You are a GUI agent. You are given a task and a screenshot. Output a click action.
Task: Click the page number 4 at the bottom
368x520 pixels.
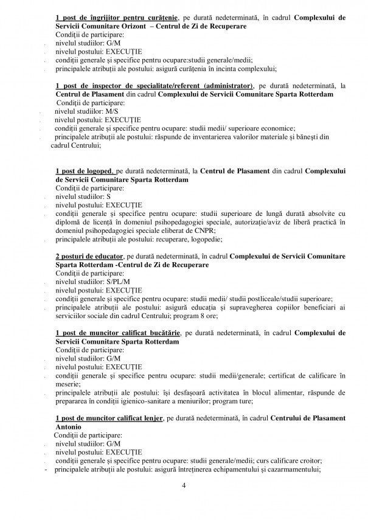point(183,486)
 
